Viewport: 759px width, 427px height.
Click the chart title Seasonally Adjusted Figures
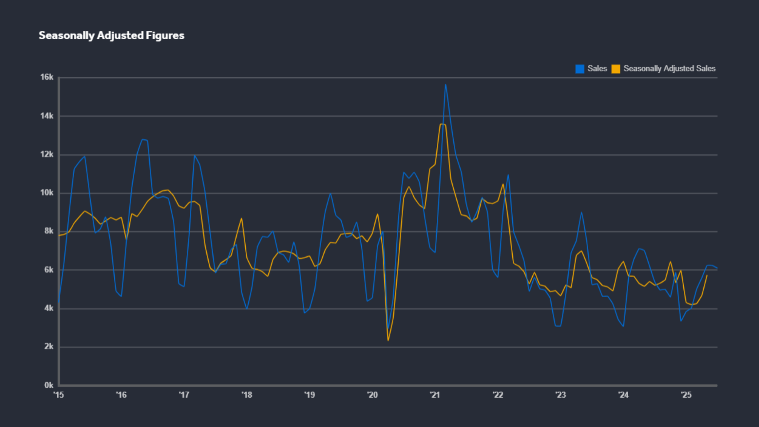point(111,35)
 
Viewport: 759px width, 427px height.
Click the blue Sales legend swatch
point(580,69)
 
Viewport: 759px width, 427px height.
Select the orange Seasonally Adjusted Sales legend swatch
point(615,69)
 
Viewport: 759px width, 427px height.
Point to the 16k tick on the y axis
point(47,77)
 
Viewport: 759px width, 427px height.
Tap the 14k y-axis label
point(47,116)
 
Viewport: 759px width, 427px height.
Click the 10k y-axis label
point(47,193)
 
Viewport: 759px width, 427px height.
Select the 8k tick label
point(49,231)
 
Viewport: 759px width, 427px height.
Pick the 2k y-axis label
point(49,346)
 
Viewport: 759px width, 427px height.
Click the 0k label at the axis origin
point(49,385)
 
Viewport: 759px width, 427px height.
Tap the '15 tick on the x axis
point(59,395)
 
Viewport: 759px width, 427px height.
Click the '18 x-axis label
point(247,395)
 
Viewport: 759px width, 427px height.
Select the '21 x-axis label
point(435,395)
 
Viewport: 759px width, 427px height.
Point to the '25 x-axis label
point(686,395)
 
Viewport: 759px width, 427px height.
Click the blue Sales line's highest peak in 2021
point(445,84)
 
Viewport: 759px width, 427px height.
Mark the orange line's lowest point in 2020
point(388,341)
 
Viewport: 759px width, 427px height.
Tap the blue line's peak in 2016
point(142,139)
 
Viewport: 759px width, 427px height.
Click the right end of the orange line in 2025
point(707,275)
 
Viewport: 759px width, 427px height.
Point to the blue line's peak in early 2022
point(508,175)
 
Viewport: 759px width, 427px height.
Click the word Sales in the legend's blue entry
point(597,69)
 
